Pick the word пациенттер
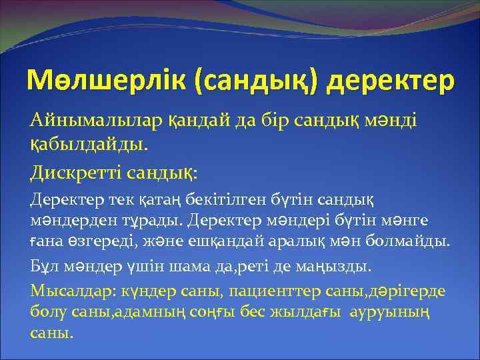pos(272,291)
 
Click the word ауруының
pos(389,311)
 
